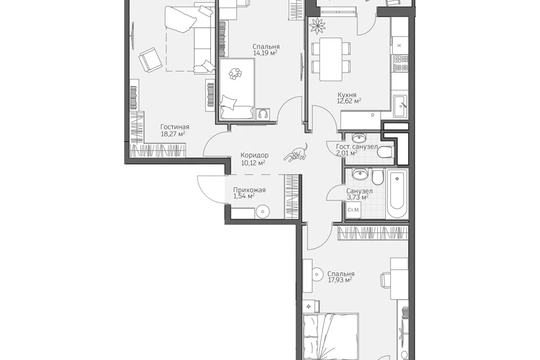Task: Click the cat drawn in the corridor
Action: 296,152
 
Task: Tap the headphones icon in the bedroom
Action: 263,114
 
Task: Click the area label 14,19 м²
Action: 265,53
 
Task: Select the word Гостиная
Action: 175,127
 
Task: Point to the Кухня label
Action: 347,94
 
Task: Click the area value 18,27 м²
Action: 173,134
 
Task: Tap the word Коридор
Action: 254,155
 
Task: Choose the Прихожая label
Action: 249,190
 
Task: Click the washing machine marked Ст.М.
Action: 353,210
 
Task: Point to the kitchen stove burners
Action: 400,62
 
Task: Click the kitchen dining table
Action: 331,59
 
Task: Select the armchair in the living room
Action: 150,59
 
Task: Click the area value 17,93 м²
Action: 340,281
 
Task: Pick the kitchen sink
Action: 400,106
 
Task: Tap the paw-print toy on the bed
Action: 235,73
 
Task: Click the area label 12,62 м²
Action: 349,101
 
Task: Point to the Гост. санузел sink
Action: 360,138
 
